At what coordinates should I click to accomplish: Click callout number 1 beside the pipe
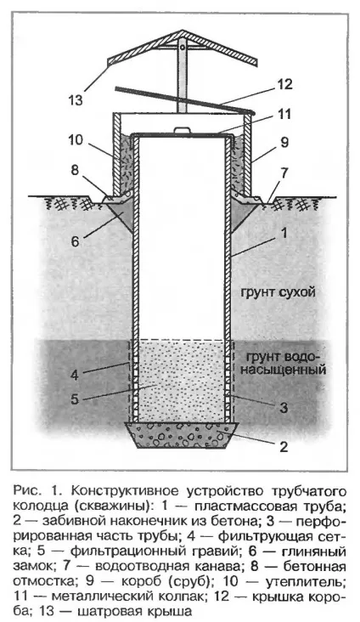[284, 233]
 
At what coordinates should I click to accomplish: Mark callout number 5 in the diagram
[75, 399]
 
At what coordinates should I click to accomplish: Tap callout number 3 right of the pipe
[284, 408]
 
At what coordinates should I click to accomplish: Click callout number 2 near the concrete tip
[284, 447]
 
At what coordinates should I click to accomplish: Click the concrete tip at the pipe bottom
[182, 435]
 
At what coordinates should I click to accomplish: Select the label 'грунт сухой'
[278, 293]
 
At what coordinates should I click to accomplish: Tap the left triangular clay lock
[121, 214]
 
